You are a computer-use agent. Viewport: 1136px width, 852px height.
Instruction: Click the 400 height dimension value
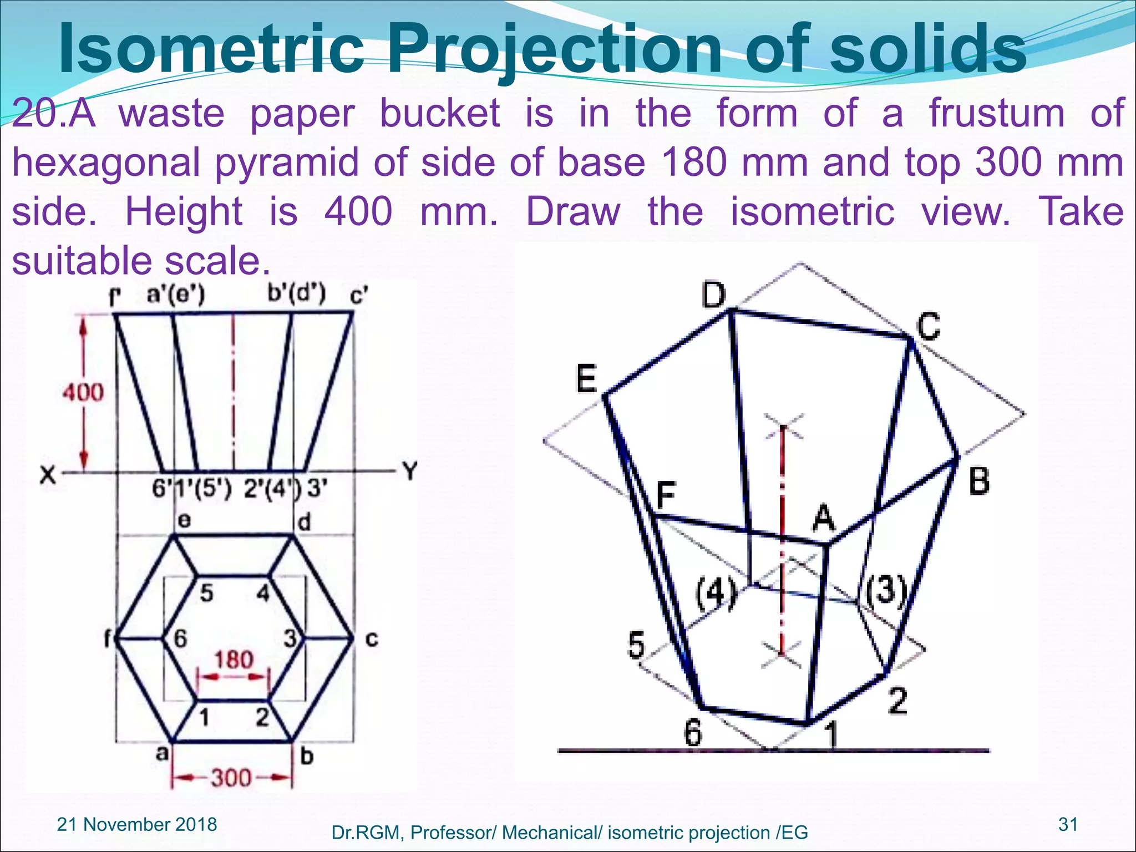83,392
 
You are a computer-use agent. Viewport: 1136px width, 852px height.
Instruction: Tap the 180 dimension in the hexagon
234,660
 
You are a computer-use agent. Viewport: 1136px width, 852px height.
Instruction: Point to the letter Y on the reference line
410,471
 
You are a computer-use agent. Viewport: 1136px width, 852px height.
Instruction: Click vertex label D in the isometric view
713,295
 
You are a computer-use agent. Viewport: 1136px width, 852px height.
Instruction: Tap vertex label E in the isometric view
586,379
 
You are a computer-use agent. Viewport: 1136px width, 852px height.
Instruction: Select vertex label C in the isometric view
929,326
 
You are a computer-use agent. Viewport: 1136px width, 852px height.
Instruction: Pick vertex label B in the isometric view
979,481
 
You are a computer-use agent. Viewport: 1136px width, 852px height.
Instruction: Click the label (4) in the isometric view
716,592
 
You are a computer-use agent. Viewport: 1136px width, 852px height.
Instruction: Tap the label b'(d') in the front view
296,293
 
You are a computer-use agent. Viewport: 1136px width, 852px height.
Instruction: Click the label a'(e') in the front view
175,294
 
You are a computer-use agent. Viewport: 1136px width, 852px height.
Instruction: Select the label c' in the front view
359,296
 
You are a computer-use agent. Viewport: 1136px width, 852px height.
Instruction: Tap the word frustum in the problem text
997,113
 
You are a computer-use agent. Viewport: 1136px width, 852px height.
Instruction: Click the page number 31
1068,824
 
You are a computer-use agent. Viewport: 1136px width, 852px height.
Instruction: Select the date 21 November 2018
137,824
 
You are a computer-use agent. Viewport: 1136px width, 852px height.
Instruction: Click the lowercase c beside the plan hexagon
372,640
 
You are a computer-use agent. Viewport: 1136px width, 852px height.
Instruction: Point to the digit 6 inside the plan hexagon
180,639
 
